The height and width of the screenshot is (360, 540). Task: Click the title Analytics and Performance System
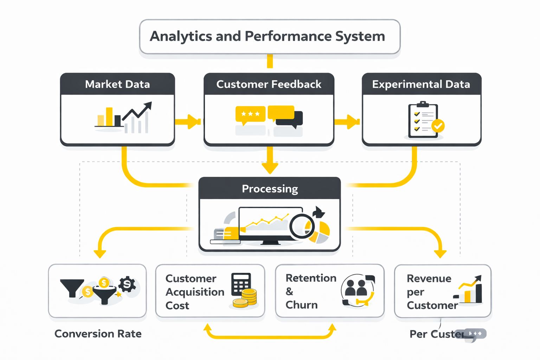268,37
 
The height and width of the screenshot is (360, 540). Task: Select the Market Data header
117,84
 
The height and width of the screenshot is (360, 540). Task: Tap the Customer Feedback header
269,84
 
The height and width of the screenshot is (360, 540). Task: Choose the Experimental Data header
421,84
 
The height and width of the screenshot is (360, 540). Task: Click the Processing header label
270,189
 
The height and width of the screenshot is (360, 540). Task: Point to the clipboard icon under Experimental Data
423,121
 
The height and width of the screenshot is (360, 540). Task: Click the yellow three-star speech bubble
250,114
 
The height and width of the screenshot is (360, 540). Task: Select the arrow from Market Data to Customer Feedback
188,122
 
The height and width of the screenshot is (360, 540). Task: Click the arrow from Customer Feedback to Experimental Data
347,122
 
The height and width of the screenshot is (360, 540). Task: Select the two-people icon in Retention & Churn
356,288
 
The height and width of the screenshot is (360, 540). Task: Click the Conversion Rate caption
98,334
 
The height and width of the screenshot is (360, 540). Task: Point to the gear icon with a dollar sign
127,284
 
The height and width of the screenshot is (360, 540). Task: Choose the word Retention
311,278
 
